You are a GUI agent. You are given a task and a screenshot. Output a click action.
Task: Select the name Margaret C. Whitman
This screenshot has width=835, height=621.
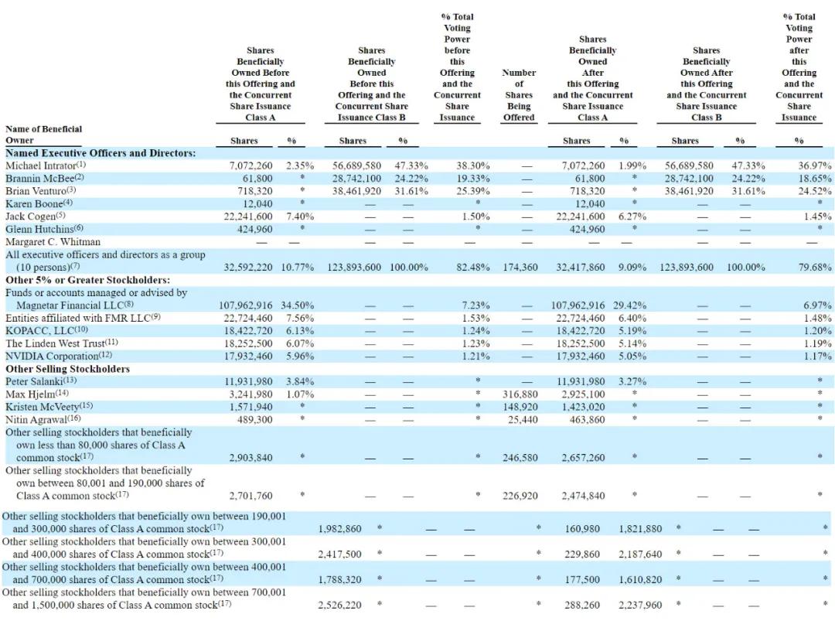(x=53, y=241)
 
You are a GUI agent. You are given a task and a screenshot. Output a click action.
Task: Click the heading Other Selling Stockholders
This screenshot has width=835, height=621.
(x=67, y=369)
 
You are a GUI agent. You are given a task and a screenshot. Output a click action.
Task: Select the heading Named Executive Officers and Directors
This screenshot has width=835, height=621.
(x=101, y=153)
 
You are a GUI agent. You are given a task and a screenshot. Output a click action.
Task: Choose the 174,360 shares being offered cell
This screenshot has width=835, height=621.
(x=519, y=267)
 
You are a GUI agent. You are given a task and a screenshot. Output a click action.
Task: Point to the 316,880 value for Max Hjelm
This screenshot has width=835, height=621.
(x=519, y=394)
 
